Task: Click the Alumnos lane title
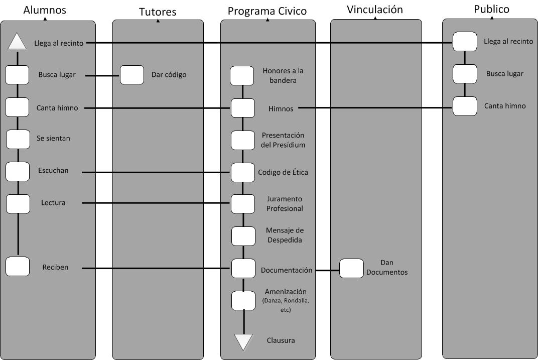tap(45, 10)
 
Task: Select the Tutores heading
tap(158, 12)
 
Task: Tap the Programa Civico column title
tap(267, 11)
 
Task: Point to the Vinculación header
tap(375, 9)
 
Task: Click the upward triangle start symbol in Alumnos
tap(18, 42)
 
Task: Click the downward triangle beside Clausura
tap(244, 341)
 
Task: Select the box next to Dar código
tap(132, 75)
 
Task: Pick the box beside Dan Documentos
tap(351, 268)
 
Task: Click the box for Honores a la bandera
tap(242, 76)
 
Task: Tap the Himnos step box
tap(243, 108)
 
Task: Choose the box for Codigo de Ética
tap(243, 172)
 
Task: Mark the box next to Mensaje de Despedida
tap(243, 236)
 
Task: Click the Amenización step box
tap(243, 300)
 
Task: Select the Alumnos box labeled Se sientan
tap(18, 139)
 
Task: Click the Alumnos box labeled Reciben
tap(18, 267)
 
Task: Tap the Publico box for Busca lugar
tap(465, 74)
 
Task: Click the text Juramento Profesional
tap(285, 204)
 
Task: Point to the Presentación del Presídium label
tap(284, 140)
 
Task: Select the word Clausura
tap(281, 340)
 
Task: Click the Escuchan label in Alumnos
tap(53, 171)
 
